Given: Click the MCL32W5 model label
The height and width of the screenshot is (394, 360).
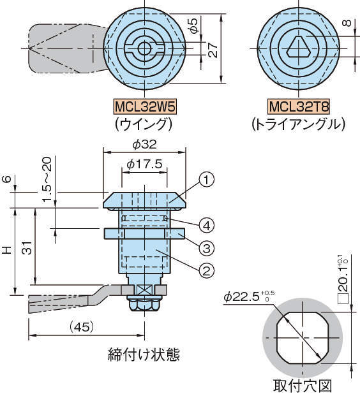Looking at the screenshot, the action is (145, 107).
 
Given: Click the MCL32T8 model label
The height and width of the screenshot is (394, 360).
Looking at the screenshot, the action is (299, 107).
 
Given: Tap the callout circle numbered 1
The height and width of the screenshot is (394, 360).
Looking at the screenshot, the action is (207, 180).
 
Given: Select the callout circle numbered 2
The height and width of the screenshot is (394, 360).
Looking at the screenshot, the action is (207, 271).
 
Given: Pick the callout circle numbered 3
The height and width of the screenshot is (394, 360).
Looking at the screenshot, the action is (207, 248).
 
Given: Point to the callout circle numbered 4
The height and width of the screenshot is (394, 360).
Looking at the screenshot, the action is (207, 226).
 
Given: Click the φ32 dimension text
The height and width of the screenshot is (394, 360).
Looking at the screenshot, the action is (145, 145).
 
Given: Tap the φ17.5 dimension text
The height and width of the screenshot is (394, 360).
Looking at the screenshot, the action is (145, 164).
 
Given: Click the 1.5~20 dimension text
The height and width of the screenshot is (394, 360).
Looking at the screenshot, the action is (47, 179).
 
